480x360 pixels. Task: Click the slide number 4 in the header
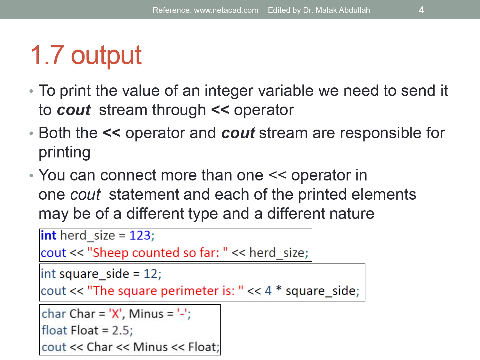421,10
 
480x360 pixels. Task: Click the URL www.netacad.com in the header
226,10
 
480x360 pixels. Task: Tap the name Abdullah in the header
354,10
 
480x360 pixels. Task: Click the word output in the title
106,55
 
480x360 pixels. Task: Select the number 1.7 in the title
47,55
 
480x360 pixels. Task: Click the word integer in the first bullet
229,91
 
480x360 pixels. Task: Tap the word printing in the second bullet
64,152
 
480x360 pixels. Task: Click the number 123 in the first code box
140,236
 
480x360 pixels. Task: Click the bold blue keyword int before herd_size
48,236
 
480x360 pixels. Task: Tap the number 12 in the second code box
150,274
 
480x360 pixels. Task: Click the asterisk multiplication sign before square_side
279,290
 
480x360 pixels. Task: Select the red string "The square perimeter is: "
165,291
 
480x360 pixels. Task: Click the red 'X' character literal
115,314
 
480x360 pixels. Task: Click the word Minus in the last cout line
150,347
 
